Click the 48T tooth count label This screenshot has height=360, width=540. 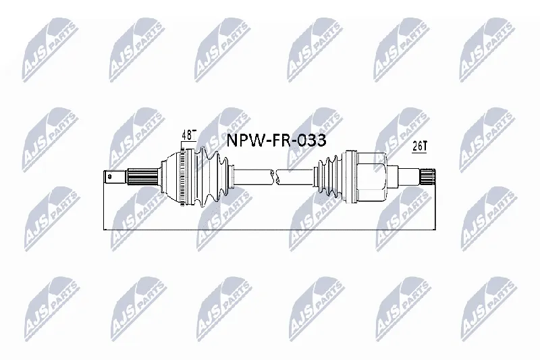click(x=189, y=134)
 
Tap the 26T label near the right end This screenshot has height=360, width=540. click(x=420, y=147)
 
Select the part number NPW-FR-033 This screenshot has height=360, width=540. click(x=276, y=140)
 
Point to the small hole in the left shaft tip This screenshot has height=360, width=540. click(x=109, y=177)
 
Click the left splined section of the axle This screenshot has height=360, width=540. click(x=142, y=177)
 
